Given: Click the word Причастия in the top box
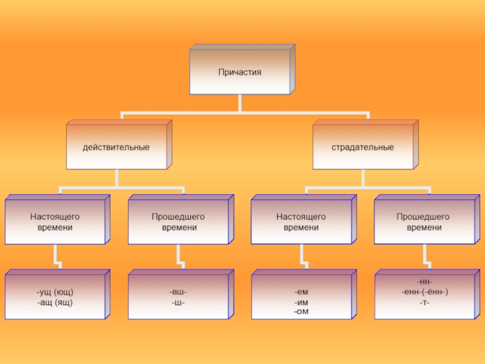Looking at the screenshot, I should pyautogui.click(x=239, y=72).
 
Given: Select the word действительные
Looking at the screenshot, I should pyautogui.click(x=116, y=147).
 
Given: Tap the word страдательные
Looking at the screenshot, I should pyautogui.click(x=363, y=147).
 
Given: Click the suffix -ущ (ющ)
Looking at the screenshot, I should pyautogui.click(x=55, y=292).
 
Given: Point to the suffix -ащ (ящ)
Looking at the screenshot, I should pyautogui.click(x=55, y=302).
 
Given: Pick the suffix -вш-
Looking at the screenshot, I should pyautogui.click(x=178, y=292).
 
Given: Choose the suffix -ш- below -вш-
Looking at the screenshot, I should pyautogui.click(x=178, y=302).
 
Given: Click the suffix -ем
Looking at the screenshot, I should pyautogui.click(x=301, y=292).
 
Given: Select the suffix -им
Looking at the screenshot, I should pyautogui.click(x=301, y=302).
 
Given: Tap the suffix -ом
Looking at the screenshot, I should pyautogui.click(x=301, y=311).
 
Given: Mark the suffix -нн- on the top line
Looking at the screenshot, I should pyautogui.click(x=424, y=283).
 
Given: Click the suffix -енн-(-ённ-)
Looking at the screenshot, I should pyautogui.click(x=424, y=292).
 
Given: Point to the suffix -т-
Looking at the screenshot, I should pyautogui.click(x=424, y=302).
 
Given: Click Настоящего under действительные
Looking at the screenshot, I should pyautogui.click(x=55, y=217).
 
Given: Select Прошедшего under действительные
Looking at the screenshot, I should pyautogui.click(x=178, y=217).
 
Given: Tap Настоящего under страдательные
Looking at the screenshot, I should pyautogui.click(x=301, y=217).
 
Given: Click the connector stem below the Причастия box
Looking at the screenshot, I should pyautogui.click(x=240, y=103).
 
